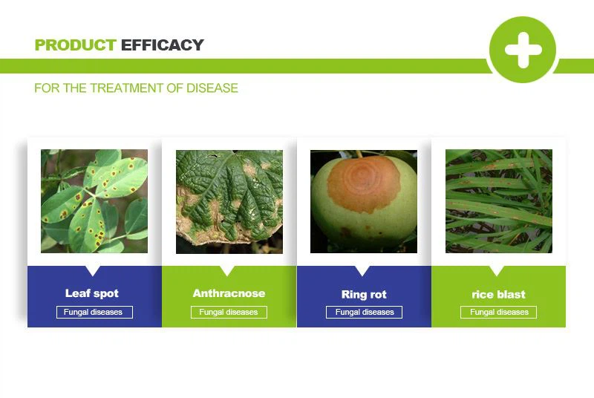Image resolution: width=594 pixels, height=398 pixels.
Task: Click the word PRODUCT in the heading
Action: [75, 45]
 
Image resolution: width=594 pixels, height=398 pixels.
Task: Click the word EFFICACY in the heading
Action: [162, 45]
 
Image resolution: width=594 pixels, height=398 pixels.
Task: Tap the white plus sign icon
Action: [523, 50]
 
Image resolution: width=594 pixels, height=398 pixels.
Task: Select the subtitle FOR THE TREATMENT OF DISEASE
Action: [136, 88]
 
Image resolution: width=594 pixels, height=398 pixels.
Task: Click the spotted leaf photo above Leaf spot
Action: [94, 201]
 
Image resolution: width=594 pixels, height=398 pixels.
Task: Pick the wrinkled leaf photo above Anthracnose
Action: [229, 201]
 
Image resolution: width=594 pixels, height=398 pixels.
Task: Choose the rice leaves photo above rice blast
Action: [498, 201]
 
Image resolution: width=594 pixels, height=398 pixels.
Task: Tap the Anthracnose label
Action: [229, 293]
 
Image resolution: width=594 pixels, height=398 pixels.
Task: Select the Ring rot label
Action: [364, 294]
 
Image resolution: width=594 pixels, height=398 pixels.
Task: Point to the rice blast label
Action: [498, 294]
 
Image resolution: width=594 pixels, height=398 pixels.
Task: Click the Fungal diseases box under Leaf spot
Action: [94, 312]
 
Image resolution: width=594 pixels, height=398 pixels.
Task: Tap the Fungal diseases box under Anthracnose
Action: [229, 312]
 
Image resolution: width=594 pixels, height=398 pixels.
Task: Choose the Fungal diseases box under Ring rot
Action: [364, 312]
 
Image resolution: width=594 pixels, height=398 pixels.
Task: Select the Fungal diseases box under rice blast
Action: [498, 312]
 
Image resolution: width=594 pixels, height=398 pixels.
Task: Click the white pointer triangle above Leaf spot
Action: [93, 270]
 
